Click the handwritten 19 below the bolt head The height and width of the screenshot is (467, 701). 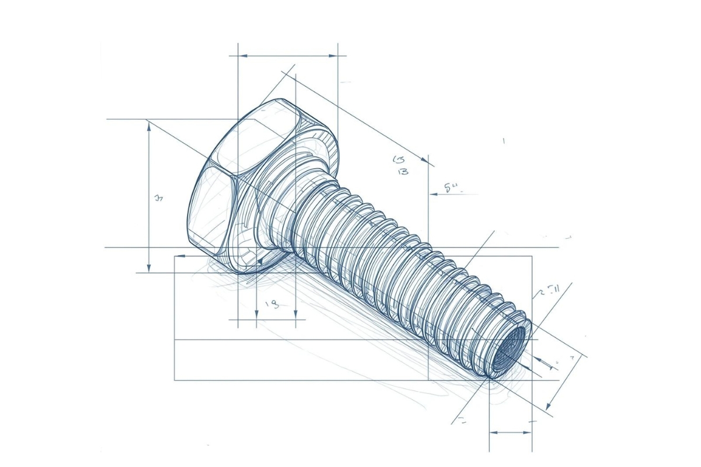(x=272, y=304)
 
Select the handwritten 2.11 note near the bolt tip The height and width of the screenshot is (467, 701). (x=550, y=290)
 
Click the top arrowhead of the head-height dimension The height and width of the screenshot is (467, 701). (x=150, y=125)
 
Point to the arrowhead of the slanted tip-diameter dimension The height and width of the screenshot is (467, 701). (x=548, y=406)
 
